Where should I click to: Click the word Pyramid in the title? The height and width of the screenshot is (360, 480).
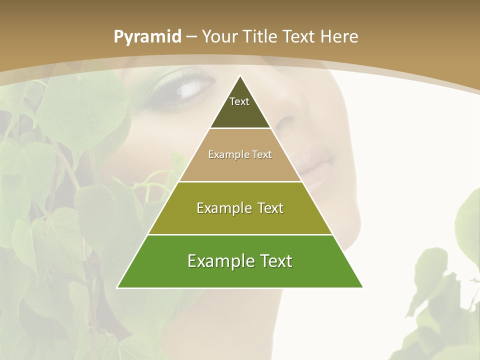click(x=147, y=37)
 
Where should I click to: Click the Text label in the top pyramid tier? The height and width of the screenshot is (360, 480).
click(x=239, y=101)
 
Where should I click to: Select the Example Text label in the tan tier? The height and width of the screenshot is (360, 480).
click(x=240, y=154)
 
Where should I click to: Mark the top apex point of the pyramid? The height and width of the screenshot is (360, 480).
click(x=240, y=76)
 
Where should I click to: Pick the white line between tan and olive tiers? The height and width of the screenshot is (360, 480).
click(x=240, y=181)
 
